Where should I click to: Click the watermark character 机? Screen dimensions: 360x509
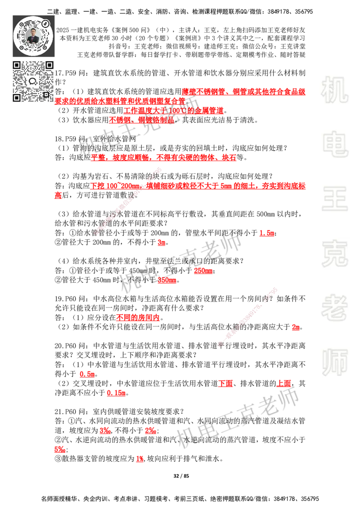pyautogui.click(x=334, y=90)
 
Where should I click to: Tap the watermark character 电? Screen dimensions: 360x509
pyautogui.click(x=336, y=144)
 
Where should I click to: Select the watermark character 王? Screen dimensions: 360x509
pyautogui.click(x=334, y=199)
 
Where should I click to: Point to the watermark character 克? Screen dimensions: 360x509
pyautogui.click(x=334, y=254)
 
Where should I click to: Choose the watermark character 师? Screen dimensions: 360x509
pyautogui.click(x=334, y=363)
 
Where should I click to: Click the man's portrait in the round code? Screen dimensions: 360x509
pyautogui.click(x=34, y=36)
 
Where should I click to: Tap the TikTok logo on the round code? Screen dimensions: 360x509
pyautogui.click(x=45, y=22)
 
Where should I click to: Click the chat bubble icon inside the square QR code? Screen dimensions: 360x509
pyautogui.click(x=33, y=81)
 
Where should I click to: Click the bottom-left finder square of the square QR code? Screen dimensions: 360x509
pyautogui.click(x=17, y=98)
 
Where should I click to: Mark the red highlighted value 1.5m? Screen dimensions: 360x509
pyautogui.click(x=267, y=233)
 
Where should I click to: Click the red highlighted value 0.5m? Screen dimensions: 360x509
pyautogui.click(x=87, y=374)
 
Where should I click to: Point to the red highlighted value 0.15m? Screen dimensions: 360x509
pyautogui.click(x=116, y=393)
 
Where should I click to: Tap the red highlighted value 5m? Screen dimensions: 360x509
pyautogui.click(x=296, y=328)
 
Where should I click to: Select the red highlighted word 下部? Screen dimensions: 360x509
pyautogui.click(x=225, y=384)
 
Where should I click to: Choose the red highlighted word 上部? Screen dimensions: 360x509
pyautogui.click(x=283, y=384)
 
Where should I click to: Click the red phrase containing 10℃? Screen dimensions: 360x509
pyautogui.click(x=173, y=111)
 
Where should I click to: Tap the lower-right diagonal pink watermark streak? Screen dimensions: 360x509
pyautogui.click(x=247, y=316)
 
